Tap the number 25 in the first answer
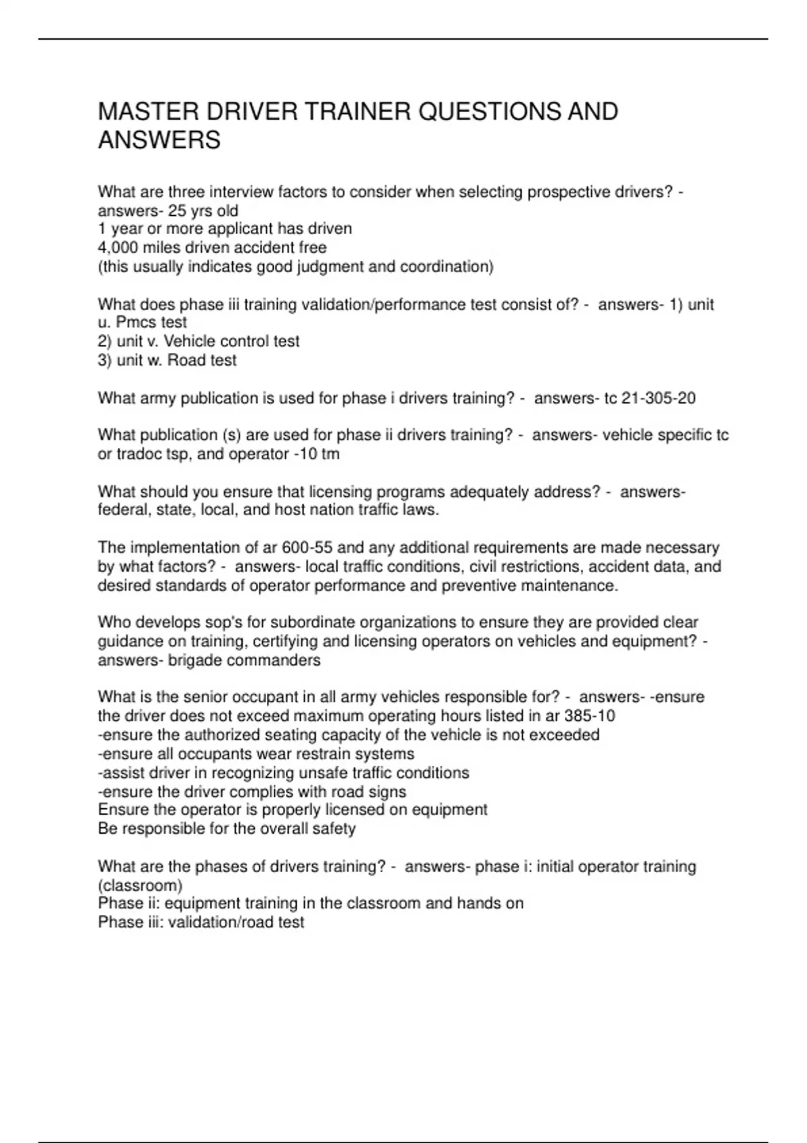177,210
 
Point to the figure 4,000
118,247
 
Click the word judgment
332,267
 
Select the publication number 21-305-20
658,398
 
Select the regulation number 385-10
589,716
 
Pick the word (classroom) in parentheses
140,885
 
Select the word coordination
447,267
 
